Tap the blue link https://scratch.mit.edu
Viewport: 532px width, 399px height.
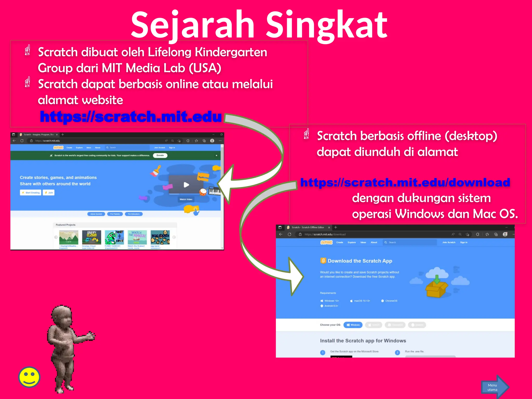pyautogui.click(x=131, y=116)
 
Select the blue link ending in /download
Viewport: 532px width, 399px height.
pyautogui.click(x=405, y=182)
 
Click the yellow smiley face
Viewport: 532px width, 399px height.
pyautogui.click(x=29, y=377)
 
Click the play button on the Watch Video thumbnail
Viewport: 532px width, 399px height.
pyautogui.click(x=186, y=185)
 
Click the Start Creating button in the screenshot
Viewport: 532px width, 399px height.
pyautogui.click(x=31, y=193)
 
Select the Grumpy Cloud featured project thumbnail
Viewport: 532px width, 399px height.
pyautogui.click(x=91, y=237)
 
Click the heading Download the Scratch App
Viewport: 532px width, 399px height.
pyautogui.click(x=360, y=261)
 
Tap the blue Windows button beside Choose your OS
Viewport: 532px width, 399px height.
pyautogui.click(x=353, y=325)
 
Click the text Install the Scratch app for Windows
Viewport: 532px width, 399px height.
pyautogui.click(x=363, y=341)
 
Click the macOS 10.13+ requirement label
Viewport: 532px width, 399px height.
pyautogui.click(x=362, y=301)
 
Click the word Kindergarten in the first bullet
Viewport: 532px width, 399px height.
pyautogui.click(x=231, y=52)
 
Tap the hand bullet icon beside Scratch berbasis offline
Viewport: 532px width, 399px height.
pyautogui.click(x=307, y=134)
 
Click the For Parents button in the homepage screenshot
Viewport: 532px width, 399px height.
pyautogui.click(x=115, y=214)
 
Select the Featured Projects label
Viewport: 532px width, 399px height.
pyautogui.click(x=65, y=225)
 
